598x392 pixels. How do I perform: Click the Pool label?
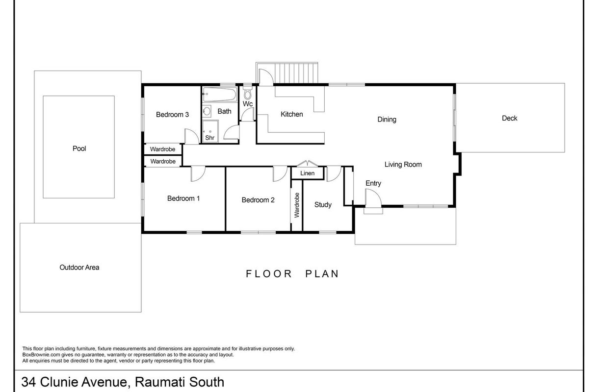tap(79, 148)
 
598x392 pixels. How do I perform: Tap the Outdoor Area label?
tap(79, 268)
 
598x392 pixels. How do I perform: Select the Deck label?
tap(509, 118)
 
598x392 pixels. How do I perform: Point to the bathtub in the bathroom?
tap(219, 94)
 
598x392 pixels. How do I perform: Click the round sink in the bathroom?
tap(207, 111)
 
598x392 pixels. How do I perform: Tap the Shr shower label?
tap(210, 138)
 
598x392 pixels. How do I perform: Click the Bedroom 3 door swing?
tap(192, 136)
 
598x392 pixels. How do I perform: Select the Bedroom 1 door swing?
tap(198, 173)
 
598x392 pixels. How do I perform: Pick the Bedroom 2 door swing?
tap(280, 173)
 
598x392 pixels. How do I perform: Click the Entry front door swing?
tap(373, 197)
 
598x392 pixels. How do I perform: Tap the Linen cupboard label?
tap(307, 173)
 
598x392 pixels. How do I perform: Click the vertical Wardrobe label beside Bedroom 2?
tap(297, 205)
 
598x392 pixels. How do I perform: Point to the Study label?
tap(323, 205)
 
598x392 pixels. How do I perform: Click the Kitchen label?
tap(292, 114)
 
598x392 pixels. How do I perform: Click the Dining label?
tap(387, 120)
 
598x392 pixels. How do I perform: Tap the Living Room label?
tap(403, 165)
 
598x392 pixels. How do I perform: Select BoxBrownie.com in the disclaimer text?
tap(41, 355)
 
